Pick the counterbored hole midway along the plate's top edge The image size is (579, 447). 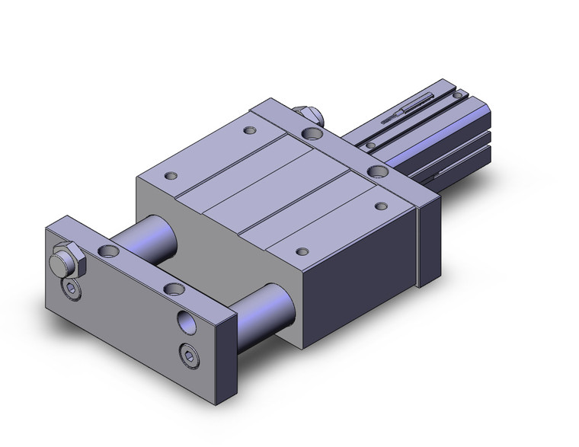(x=174, y=289)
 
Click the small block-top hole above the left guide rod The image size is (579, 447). (x=172, y=176)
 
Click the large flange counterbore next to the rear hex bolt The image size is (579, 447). (x=312, y=134)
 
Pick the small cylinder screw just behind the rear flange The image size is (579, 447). (x=369, y=145)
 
